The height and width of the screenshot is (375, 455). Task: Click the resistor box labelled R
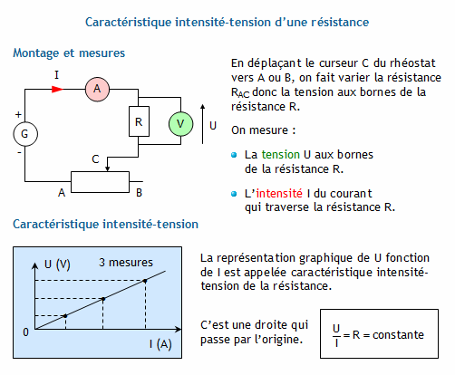coord(139,121)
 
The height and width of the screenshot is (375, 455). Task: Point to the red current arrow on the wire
coord(58,89)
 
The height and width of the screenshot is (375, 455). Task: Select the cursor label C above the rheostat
coord(95,159)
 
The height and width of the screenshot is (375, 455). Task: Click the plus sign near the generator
coord(18,115)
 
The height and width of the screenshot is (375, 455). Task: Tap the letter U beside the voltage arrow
coord(213,126)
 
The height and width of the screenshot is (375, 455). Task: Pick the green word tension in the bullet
coord(281,154)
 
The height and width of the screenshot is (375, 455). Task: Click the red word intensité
coord(279,193)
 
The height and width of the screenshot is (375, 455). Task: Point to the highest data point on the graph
coord(145,281)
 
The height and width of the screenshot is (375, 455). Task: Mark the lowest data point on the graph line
coord(65,316)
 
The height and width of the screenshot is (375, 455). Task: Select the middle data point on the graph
coord(103,299)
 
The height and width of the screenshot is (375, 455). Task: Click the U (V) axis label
coord(57,264)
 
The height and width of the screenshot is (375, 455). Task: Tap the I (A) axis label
coord(160,344)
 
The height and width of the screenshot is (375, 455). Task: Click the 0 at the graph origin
coord(26,332)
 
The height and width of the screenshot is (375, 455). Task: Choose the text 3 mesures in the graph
coord(126,263)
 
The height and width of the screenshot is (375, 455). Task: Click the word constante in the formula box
coord(398,335)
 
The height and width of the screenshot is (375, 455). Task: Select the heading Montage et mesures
coord(69,53)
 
